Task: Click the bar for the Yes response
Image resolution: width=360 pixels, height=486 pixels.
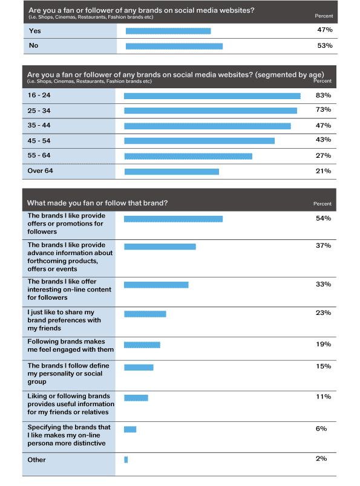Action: click(x=168, y=31)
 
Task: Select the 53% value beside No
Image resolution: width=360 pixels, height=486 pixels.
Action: click(x=325, y=45)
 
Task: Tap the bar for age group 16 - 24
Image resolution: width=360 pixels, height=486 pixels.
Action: click(x=212, y=96)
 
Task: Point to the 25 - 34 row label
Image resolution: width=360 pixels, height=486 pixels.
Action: click(x=39, y=111)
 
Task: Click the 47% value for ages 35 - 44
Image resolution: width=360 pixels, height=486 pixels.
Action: click(x=323, y=126)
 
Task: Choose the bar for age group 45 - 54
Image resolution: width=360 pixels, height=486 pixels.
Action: click(x=199, y=141)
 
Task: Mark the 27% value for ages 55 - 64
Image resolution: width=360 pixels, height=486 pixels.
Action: click(x=323, y=155)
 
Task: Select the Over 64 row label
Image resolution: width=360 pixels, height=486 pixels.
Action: click(x=40, y=171)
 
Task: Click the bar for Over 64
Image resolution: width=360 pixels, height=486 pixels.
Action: click(x=172, y=172)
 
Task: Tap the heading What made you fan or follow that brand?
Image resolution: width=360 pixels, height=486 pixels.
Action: click(x=97, y=203)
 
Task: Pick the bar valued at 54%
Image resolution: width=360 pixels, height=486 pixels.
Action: click(x=173, y=219)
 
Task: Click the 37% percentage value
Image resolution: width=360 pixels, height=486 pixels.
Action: click(x=323, y=245)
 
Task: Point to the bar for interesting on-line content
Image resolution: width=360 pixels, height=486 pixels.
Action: click(x=156, y=285)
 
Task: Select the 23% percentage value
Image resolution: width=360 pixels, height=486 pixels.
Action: click(x=323, y=313)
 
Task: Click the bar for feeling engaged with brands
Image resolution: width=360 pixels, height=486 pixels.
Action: click(x=142, y=345)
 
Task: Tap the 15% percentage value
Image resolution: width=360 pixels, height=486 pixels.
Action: click(x=323, y=366)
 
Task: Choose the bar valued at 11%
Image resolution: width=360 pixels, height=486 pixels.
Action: click(x=136, y=398)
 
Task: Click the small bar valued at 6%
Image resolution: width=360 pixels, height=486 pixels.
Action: click(x=130, y=429)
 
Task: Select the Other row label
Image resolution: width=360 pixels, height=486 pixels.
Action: click(x=37, y=459)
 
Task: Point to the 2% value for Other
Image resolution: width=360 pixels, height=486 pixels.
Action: click(x=321, y=459)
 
